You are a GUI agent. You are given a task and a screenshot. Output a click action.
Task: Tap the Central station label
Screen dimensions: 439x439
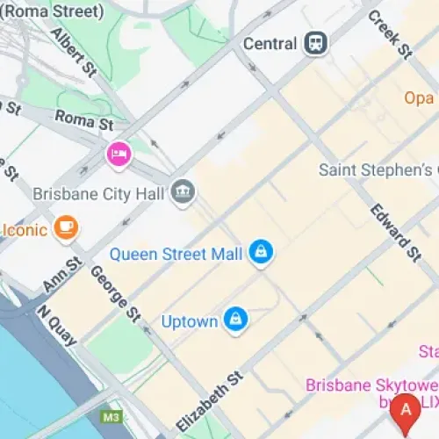[x=270, y=43]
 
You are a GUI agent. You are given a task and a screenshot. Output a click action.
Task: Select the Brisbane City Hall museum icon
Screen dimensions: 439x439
[x=184, y=191]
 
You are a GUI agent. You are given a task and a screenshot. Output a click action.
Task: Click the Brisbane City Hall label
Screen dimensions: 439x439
[x=102, y=192]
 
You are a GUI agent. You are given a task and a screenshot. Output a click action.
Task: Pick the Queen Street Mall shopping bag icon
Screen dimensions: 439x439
[x=260, y=253]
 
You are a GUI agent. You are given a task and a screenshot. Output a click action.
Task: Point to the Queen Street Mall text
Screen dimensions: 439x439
[x=176, y=255]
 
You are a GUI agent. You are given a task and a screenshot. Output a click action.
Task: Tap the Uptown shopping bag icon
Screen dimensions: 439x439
[x=234, y=320]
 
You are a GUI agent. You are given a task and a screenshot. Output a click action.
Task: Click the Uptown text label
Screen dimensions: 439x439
[x=190, y=322]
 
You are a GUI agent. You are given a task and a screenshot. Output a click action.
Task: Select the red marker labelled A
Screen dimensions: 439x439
[x=405, y=410]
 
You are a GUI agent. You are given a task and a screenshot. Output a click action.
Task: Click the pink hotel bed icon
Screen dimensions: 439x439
[x=119, y=155]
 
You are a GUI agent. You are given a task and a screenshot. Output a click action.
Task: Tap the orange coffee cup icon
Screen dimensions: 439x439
[x=65, y=229]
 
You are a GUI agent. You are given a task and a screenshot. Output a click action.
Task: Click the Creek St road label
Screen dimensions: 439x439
[x=390, y=34]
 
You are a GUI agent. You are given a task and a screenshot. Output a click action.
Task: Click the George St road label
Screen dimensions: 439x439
[x=115, y=292]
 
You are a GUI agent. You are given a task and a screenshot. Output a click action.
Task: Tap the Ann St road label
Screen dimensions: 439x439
[x=62, y=273]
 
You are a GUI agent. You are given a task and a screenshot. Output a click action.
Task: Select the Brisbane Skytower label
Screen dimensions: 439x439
[x=371, y=385]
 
